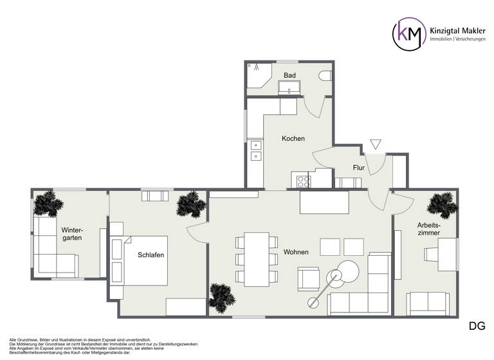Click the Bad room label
(289, 76)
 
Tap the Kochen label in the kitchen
(293, 139)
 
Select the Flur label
(359, 168)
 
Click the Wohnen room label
(295, 252)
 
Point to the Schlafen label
(151, 255)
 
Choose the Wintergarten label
(72, 234)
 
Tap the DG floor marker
(477, 326)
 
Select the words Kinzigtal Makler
(458, 28)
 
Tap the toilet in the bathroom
(325, 76)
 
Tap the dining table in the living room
(256, 258)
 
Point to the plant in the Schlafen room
(191, 204)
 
